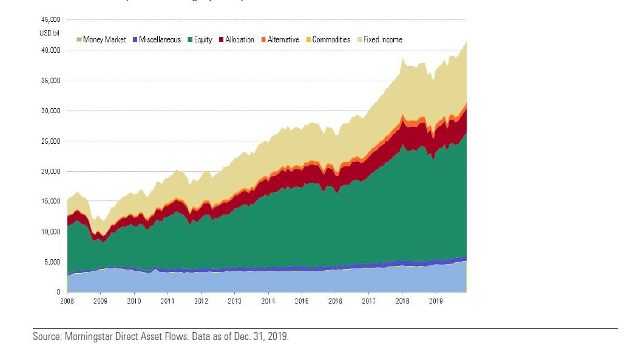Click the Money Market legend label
[x=104, y=39]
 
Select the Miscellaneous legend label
[x=160, y=39]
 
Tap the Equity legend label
[x=203, y=39]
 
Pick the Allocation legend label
[x=240, y=39]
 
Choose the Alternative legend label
[x=283, y=39]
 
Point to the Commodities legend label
[x=331, y=39]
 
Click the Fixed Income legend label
[x=383, y=39]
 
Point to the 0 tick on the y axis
[x=58, y=292]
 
